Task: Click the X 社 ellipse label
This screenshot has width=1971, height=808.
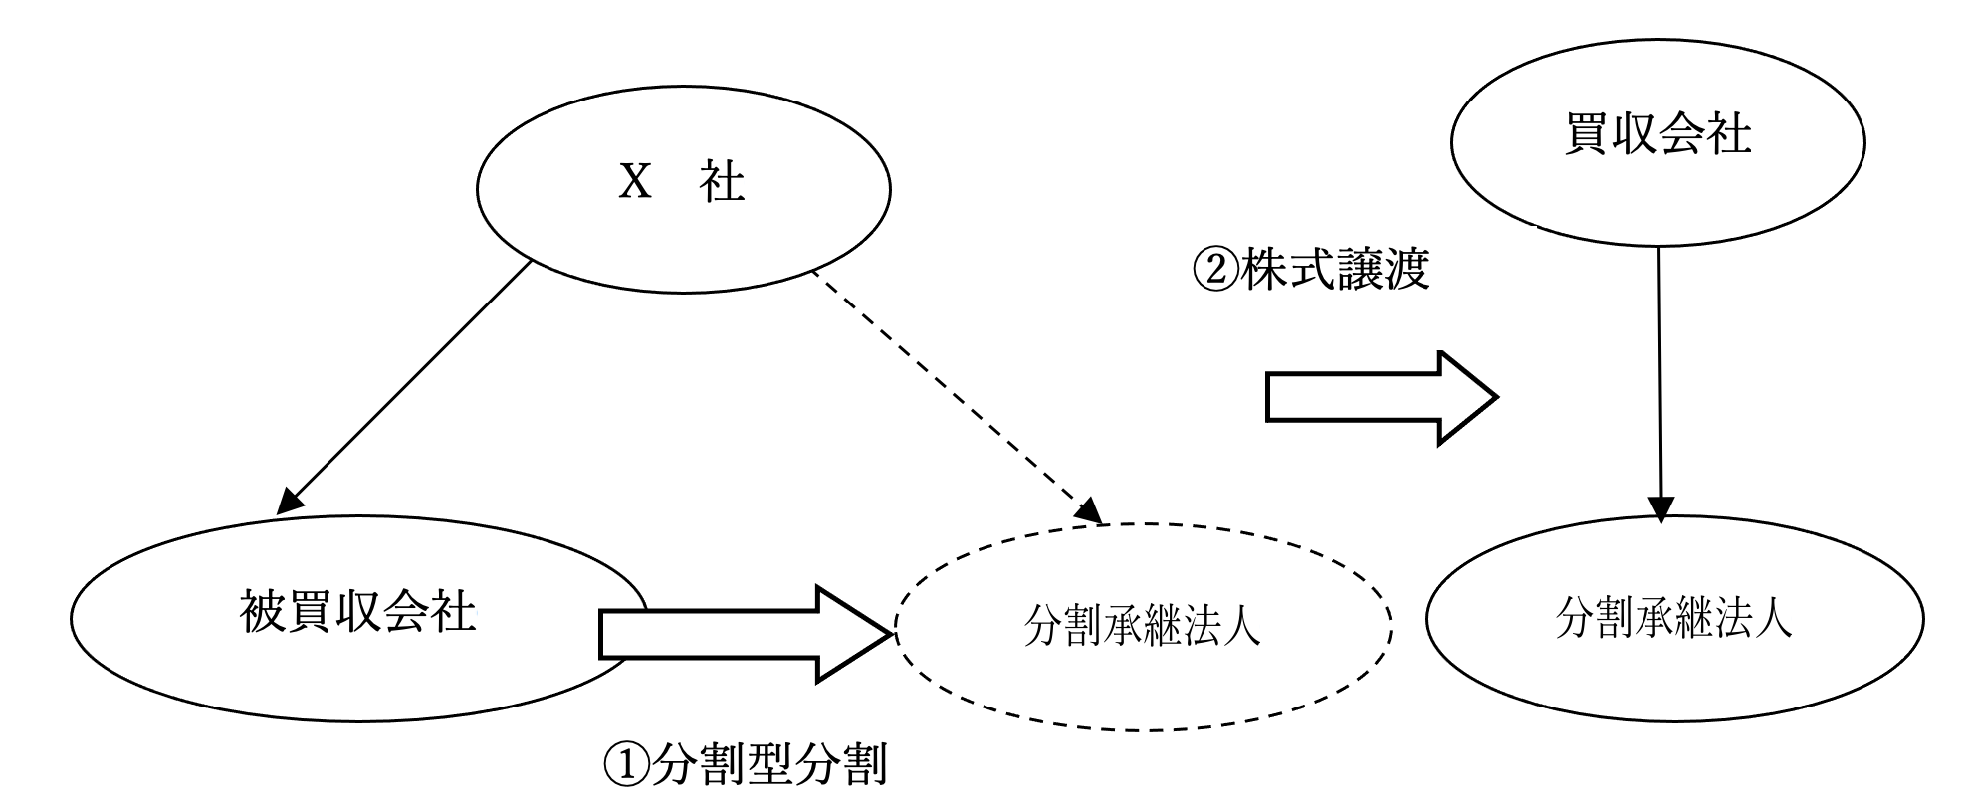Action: tap(683, 183)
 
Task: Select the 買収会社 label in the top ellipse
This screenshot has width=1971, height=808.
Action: tap(1657, 133)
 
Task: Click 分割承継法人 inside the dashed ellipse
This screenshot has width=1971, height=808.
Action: tap(1142, 627)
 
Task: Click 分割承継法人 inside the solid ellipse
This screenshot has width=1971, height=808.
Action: tap(1673, 618)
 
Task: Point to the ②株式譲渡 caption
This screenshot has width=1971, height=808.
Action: tap(1311, 269)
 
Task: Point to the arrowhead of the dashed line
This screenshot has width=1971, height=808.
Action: tap(1092, 511)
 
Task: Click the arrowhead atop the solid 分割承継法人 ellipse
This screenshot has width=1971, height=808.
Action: tap(1659, 507)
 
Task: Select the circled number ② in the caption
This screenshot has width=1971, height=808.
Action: tap(1214, 270)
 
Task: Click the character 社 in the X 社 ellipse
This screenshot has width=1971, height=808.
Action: tap(722, 183)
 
